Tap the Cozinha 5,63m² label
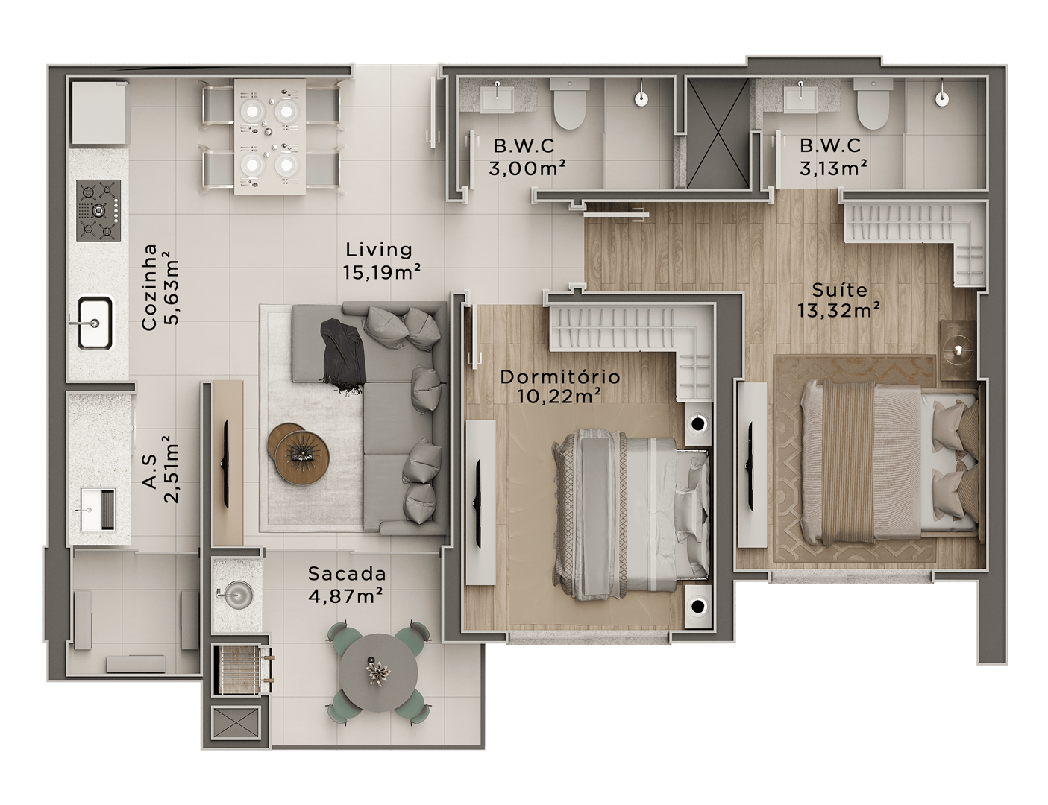160,288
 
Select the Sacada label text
347,573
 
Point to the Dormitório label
560,376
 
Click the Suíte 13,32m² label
839,300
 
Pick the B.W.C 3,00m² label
527,157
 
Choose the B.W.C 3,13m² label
833,157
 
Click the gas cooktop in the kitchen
98,210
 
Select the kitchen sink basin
95,323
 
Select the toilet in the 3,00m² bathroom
570,104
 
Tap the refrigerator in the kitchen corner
100,112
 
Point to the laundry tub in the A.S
98,509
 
